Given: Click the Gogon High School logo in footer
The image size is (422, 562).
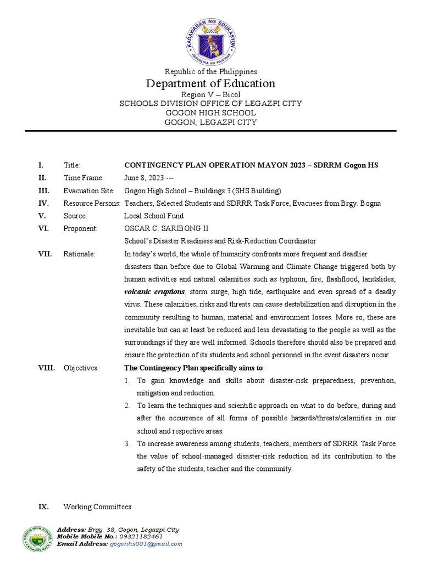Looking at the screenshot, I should (38, 536).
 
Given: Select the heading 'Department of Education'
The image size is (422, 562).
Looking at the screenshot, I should (211, 83).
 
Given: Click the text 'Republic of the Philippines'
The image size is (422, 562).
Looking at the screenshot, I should (211, 71).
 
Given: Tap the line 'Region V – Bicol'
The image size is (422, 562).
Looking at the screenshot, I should (211, 95).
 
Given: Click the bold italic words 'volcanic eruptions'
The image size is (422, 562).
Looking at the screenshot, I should (155, 292).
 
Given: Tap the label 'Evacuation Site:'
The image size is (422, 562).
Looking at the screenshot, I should (89, 190).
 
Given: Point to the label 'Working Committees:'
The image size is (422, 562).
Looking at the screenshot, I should (98, 507).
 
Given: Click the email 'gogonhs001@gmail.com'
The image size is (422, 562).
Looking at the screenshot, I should (146, 544).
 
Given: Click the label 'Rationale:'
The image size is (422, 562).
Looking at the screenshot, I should (79, 254).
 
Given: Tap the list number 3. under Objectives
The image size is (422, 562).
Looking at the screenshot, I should (126, 443).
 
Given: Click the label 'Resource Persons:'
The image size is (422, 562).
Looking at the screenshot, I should (92, 203).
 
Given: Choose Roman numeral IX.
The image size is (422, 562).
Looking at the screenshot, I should (43, 507).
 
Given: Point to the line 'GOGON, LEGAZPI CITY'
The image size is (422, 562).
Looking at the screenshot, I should (211, 122).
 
